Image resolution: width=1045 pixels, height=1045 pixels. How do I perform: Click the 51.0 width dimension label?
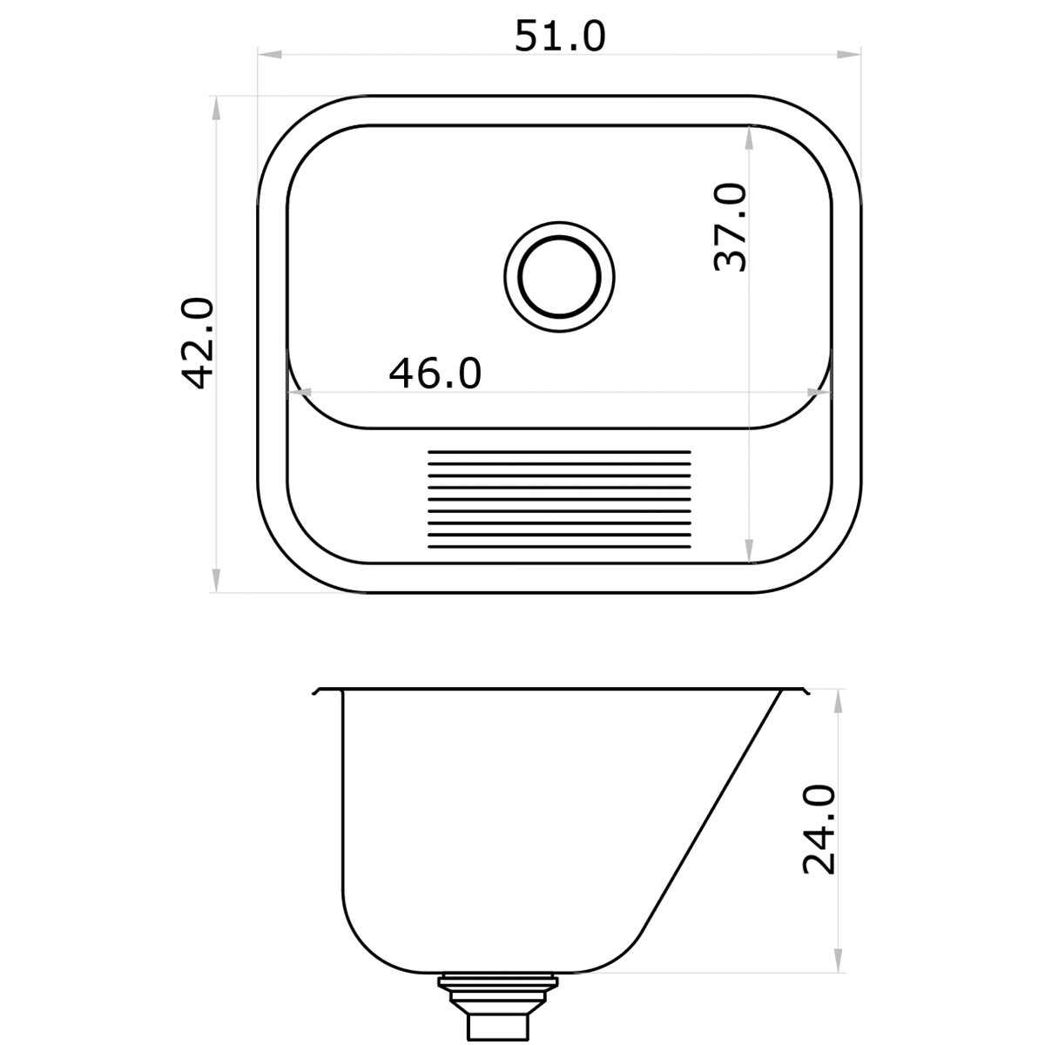(559, 37)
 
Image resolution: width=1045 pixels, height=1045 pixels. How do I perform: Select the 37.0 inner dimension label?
(730, 227)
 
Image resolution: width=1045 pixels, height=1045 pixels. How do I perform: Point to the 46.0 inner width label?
(435, 374)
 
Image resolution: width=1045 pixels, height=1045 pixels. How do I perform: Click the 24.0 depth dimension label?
(819, 828)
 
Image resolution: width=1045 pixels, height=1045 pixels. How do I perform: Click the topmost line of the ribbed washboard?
(559, 452)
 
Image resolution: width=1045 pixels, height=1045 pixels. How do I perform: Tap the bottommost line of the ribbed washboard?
(559, 549)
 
